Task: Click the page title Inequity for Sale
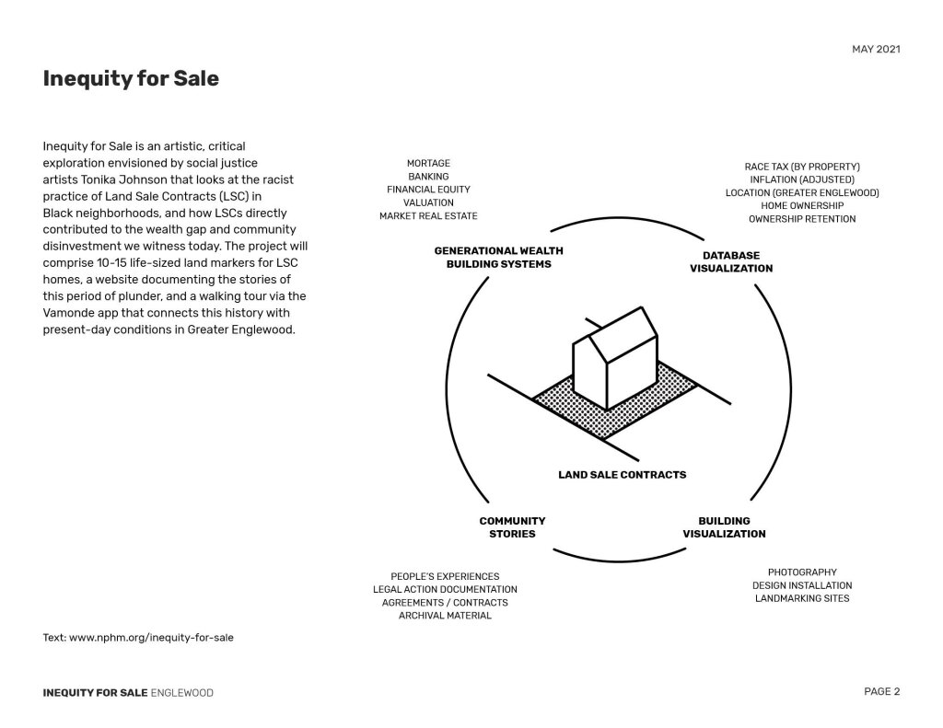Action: coord(131,79)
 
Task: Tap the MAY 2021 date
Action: coord(876,49)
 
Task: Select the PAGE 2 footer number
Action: coord(881,692)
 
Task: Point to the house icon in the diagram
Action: coord(615,359)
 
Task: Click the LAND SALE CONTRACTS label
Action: coord(622,475)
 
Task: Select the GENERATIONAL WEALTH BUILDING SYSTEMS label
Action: coord(498,257)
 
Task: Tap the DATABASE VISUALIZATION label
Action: coord(731,261)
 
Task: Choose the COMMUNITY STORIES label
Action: coord(512,527)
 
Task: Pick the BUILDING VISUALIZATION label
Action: coord(724,527)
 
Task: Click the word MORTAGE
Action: coord(428,164)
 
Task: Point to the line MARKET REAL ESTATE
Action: coord(428,215)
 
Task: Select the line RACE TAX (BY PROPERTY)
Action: coord(802,167)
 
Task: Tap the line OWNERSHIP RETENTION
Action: coord(802,219)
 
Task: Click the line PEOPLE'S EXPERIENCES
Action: coord(445,576)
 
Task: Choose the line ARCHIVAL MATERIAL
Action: coord(445,615)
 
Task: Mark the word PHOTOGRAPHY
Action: coord(802,572)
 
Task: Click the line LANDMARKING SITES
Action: coord(802,598)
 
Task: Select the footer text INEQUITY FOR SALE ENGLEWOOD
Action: coord(128,693)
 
